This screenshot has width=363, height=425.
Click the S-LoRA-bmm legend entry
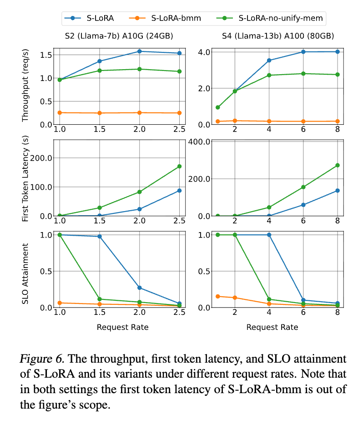pyautogui.click(x=176, y=19)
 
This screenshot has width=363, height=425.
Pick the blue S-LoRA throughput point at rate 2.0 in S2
pyautogui.click(x=139, y=51)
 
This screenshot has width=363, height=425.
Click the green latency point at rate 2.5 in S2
pyautogui.click(x=179, y=166)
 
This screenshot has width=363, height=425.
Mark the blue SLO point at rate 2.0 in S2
pyautogui.click(x=139, y=288)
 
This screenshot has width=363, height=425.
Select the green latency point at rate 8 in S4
pyautogui.click(x=337, y=165)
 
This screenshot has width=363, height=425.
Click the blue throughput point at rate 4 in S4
pyautogui.click(x=269, y=60)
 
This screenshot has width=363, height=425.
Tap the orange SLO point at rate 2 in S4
pyautogui.click(x=235, y=298)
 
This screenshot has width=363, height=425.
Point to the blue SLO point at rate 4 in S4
pyautogui.click(x=269, y=235)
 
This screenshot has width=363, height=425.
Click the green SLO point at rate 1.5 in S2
pyautogui.click(x=99, y=299)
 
